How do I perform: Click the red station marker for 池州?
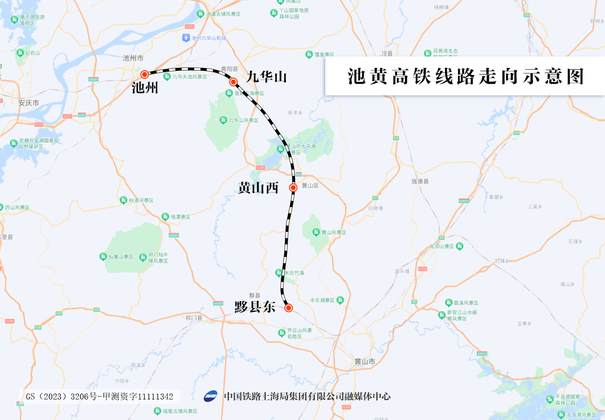point(144,75)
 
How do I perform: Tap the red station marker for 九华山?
point(233,82)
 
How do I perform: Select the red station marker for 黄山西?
point(293,187)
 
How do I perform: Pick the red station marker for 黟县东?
point(288,308)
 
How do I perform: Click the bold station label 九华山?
point(266,77)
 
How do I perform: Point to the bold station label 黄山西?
point(258,188)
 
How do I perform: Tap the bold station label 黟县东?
point(255,307)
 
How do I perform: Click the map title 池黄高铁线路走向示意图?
point(466,77)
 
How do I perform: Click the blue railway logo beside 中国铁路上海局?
point(211,396)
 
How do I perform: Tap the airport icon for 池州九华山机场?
point(186,38)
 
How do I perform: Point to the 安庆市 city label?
point(28,103)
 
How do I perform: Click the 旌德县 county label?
point(420,181)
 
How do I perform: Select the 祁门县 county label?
point(194,318)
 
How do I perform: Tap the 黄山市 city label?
point(365,361)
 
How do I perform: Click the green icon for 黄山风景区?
point(316,232)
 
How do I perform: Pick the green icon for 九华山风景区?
point(223,120)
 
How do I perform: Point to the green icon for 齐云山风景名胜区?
point(282,333)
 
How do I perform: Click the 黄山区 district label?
point(310,186)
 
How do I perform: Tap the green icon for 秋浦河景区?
point(123,200)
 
